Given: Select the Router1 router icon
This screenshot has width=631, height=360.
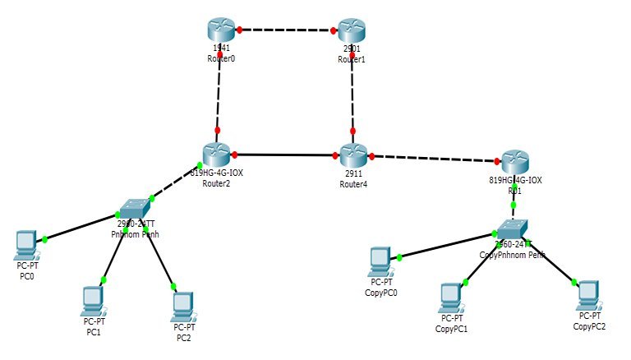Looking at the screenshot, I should (352, 30).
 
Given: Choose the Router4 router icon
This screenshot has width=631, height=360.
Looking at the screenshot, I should (353, 154).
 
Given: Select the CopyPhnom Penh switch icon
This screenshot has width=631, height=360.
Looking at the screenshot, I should (513, 227).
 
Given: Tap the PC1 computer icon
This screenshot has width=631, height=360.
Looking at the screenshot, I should (92, 298).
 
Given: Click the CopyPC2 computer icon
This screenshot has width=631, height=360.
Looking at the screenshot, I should (587, 293).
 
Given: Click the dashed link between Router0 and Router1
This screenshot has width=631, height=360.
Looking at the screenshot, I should (287, 30).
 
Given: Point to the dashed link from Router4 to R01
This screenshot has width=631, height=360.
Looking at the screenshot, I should (435, 157).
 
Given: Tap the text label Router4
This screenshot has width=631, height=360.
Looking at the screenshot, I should (353, 184).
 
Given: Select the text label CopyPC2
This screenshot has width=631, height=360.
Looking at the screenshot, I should (590, 326).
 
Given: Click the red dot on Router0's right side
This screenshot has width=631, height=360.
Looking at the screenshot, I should (240, 30).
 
